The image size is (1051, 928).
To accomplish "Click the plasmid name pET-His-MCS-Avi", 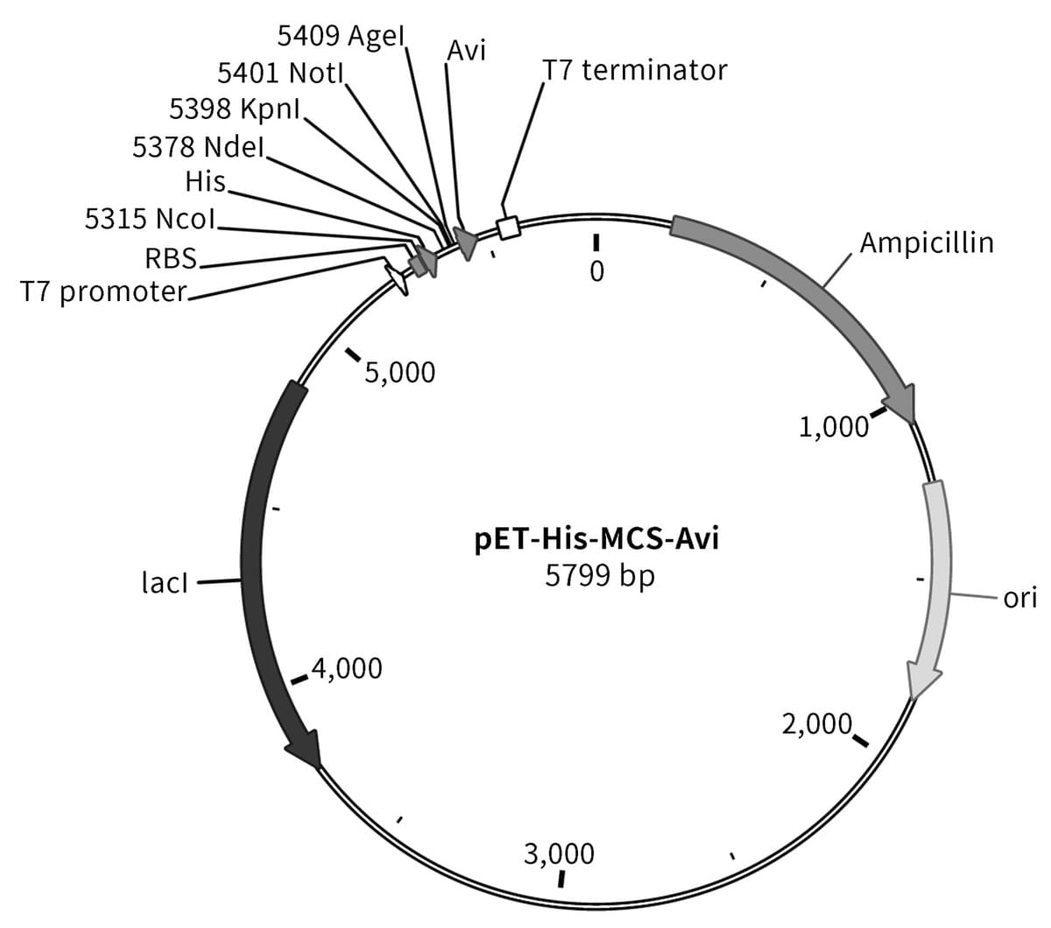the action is (596, 539).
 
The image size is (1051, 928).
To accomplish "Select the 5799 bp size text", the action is (600, 576).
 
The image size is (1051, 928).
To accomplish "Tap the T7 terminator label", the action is (634, 70).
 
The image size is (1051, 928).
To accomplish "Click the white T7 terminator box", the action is (508, 228).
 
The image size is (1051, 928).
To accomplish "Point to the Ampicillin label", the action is (927, 243).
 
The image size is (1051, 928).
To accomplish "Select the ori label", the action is (1019, 598).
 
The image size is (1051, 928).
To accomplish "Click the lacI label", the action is (165, 582).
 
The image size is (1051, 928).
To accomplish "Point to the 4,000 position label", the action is (347, 668).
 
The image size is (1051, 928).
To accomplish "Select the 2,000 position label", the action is (817, 724).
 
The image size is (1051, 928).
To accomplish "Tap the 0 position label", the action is (597, 271).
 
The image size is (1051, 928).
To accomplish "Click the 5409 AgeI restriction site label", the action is (341, 36).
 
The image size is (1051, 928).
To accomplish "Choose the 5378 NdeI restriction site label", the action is (199, 147).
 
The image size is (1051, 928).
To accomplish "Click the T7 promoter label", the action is (103, 292).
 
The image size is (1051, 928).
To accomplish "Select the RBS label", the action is (171, 257).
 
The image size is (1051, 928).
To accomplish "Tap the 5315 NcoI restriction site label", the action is (150, 218).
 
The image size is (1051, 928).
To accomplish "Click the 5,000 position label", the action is (399, 372).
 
